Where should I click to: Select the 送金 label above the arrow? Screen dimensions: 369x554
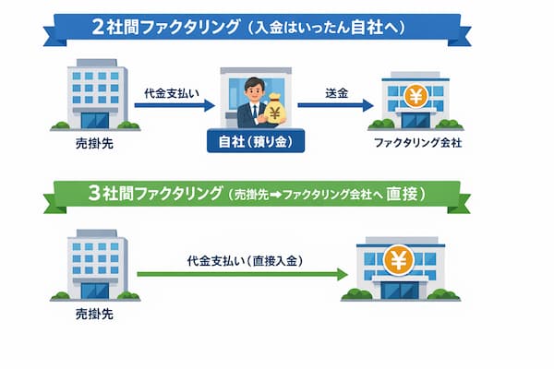point(336,93)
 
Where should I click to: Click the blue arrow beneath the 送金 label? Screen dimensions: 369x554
point(335,105)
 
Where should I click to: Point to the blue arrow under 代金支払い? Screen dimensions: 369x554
point(173,105)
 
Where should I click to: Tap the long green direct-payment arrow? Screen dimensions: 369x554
point(242,274)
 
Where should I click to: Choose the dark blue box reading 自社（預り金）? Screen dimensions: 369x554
point(253,145)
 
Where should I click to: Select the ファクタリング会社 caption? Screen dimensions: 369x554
point(415,145)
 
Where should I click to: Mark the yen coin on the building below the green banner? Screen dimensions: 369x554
point(398,261)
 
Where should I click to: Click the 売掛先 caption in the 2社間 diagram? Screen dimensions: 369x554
point(92,146)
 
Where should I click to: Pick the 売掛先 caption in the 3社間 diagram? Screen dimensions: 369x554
point(91,314)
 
